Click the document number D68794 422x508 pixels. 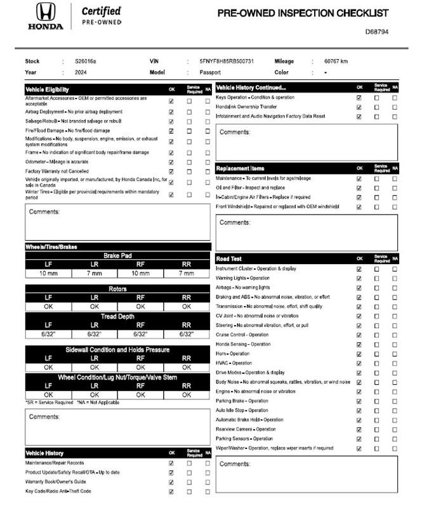(377, 31)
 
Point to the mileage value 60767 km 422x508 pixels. (336, 62)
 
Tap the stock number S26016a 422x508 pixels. (86, 62)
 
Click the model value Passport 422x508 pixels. (210, 72)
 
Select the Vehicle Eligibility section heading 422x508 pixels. (48, 90)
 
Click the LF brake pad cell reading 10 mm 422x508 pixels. (48, 274)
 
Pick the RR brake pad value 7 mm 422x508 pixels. (187, 274)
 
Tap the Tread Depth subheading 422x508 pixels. (117, 316)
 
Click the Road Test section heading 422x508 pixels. (229, 259)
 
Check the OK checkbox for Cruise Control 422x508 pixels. (359, 335)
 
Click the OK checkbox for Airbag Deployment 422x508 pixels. (171, 111)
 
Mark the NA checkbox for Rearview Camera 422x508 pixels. (394, 429)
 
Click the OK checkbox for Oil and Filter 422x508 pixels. (359, 188)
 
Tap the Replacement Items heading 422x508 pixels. (241, 168)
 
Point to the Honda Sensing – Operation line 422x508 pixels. (243, 344)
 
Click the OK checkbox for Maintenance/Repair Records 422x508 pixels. (171, 463)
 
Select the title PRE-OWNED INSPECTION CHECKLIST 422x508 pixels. (302, 13)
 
